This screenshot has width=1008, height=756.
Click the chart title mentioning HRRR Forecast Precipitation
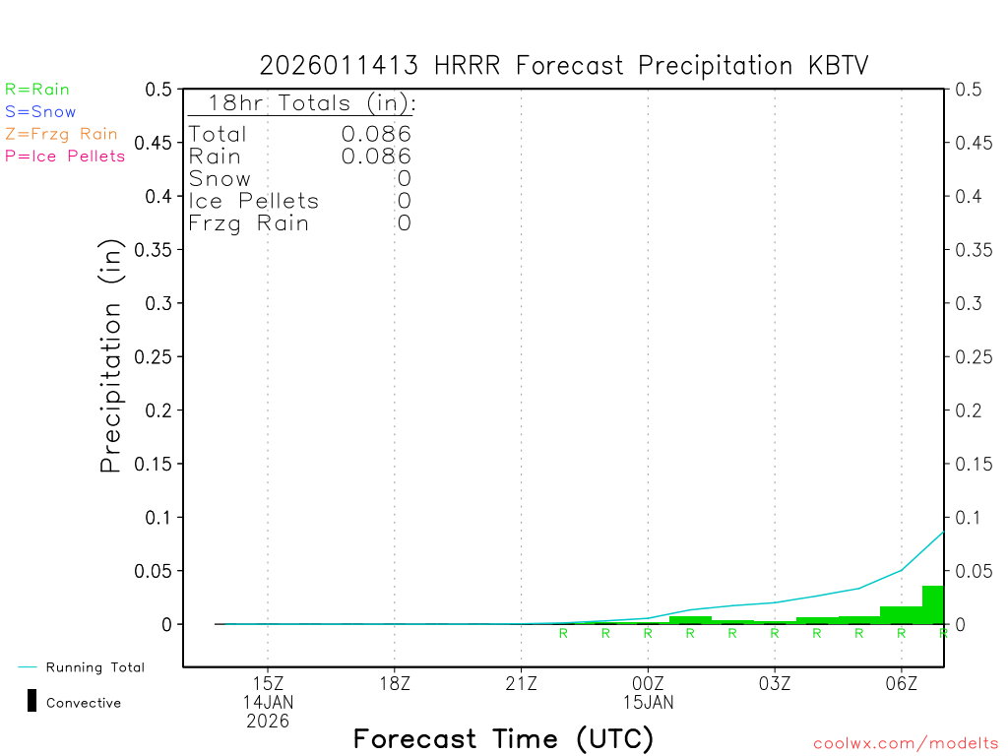click(564, 65)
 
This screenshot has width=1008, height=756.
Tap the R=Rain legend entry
click(37, 90)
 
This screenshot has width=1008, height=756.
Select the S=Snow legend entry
click(40, 112)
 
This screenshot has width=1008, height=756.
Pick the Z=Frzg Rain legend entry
click(61, 134)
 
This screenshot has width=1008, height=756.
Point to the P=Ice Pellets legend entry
click(65, 156)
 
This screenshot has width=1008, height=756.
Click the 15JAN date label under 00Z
click(648, 703)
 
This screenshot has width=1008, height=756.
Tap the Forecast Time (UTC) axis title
click(503, 738)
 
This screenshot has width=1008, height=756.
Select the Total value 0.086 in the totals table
click(376, 134)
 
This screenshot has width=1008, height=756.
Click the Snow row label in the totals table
click(220, 179)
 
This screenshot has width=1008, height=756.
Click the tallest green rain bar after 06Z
click(932, 604)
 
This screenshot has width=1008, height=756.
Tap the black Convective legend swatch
click(32, 701)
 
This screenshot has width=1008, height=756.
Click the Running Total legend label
click(94, 667)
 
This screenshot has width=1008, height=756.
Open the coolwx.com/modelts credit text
click(906, 744)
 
